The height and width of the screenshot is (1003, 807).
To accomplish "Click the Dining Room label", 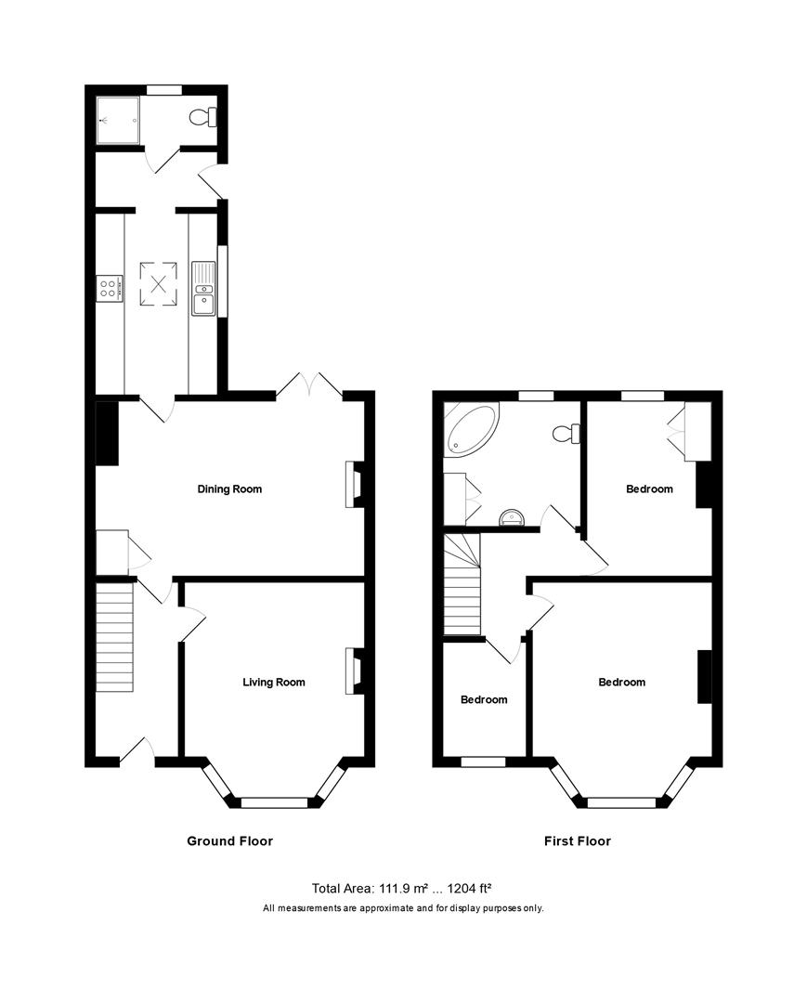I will (x=229, y=488).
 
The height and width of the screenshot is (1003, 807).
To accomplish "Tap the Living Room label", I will (x=274, y=682).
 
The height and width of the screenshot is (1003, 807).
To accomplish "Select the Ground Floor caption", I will (x=230, y=841).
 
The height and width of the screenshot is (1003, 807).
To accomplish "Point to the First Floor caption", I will (x=578, y=841).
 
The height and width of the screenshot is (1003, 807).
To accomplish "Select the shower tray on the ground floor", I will (x=118, y=120).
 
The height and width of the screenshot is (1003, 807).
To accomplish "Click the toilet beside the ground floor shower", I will (x=202, y=117).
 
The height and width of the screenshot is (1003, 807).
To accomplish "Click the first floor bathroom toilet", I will (x=566, y=434).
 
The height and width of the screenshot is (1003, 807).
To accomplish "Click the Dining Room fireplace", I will (x=352, y=485).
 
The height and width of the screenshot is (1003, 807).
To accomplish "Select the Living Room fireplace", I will (x=352, y=671).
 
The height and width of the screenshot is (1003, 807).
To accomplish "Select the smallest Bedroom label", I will (x=484, y=699).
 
